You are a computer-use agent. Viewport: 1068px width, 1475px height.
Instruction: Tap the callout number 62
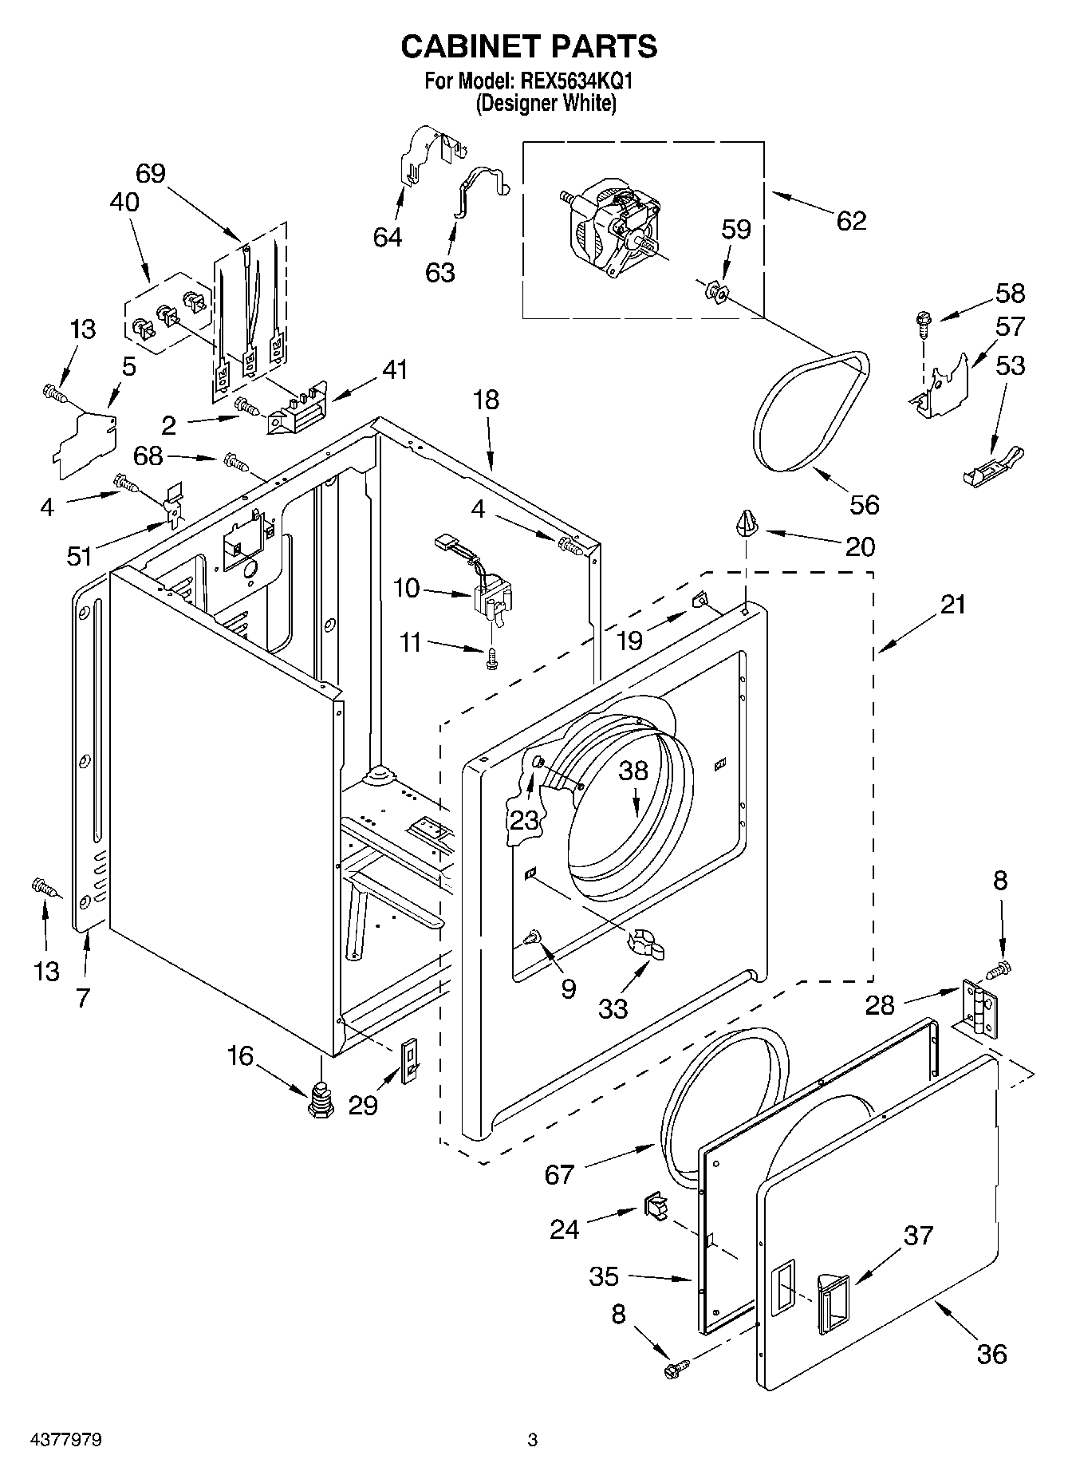click(x=851, y=221)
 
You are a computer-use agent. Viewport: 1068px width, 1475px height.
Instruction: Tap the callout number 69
click(x=150, y=173)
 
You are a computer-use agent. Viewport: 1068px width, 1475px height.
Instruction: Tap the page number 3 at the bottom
click(x=532, y=1440)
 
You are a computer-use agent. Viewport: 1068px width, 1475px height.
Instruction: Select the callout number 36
click(x=991, y=1355)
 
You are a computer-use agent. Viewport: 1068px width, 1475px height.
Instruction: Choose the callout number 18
click(x=486, y=399)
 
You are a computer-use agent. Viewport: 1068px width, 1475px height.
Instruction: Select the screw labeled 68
click(x=237, y=461)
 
